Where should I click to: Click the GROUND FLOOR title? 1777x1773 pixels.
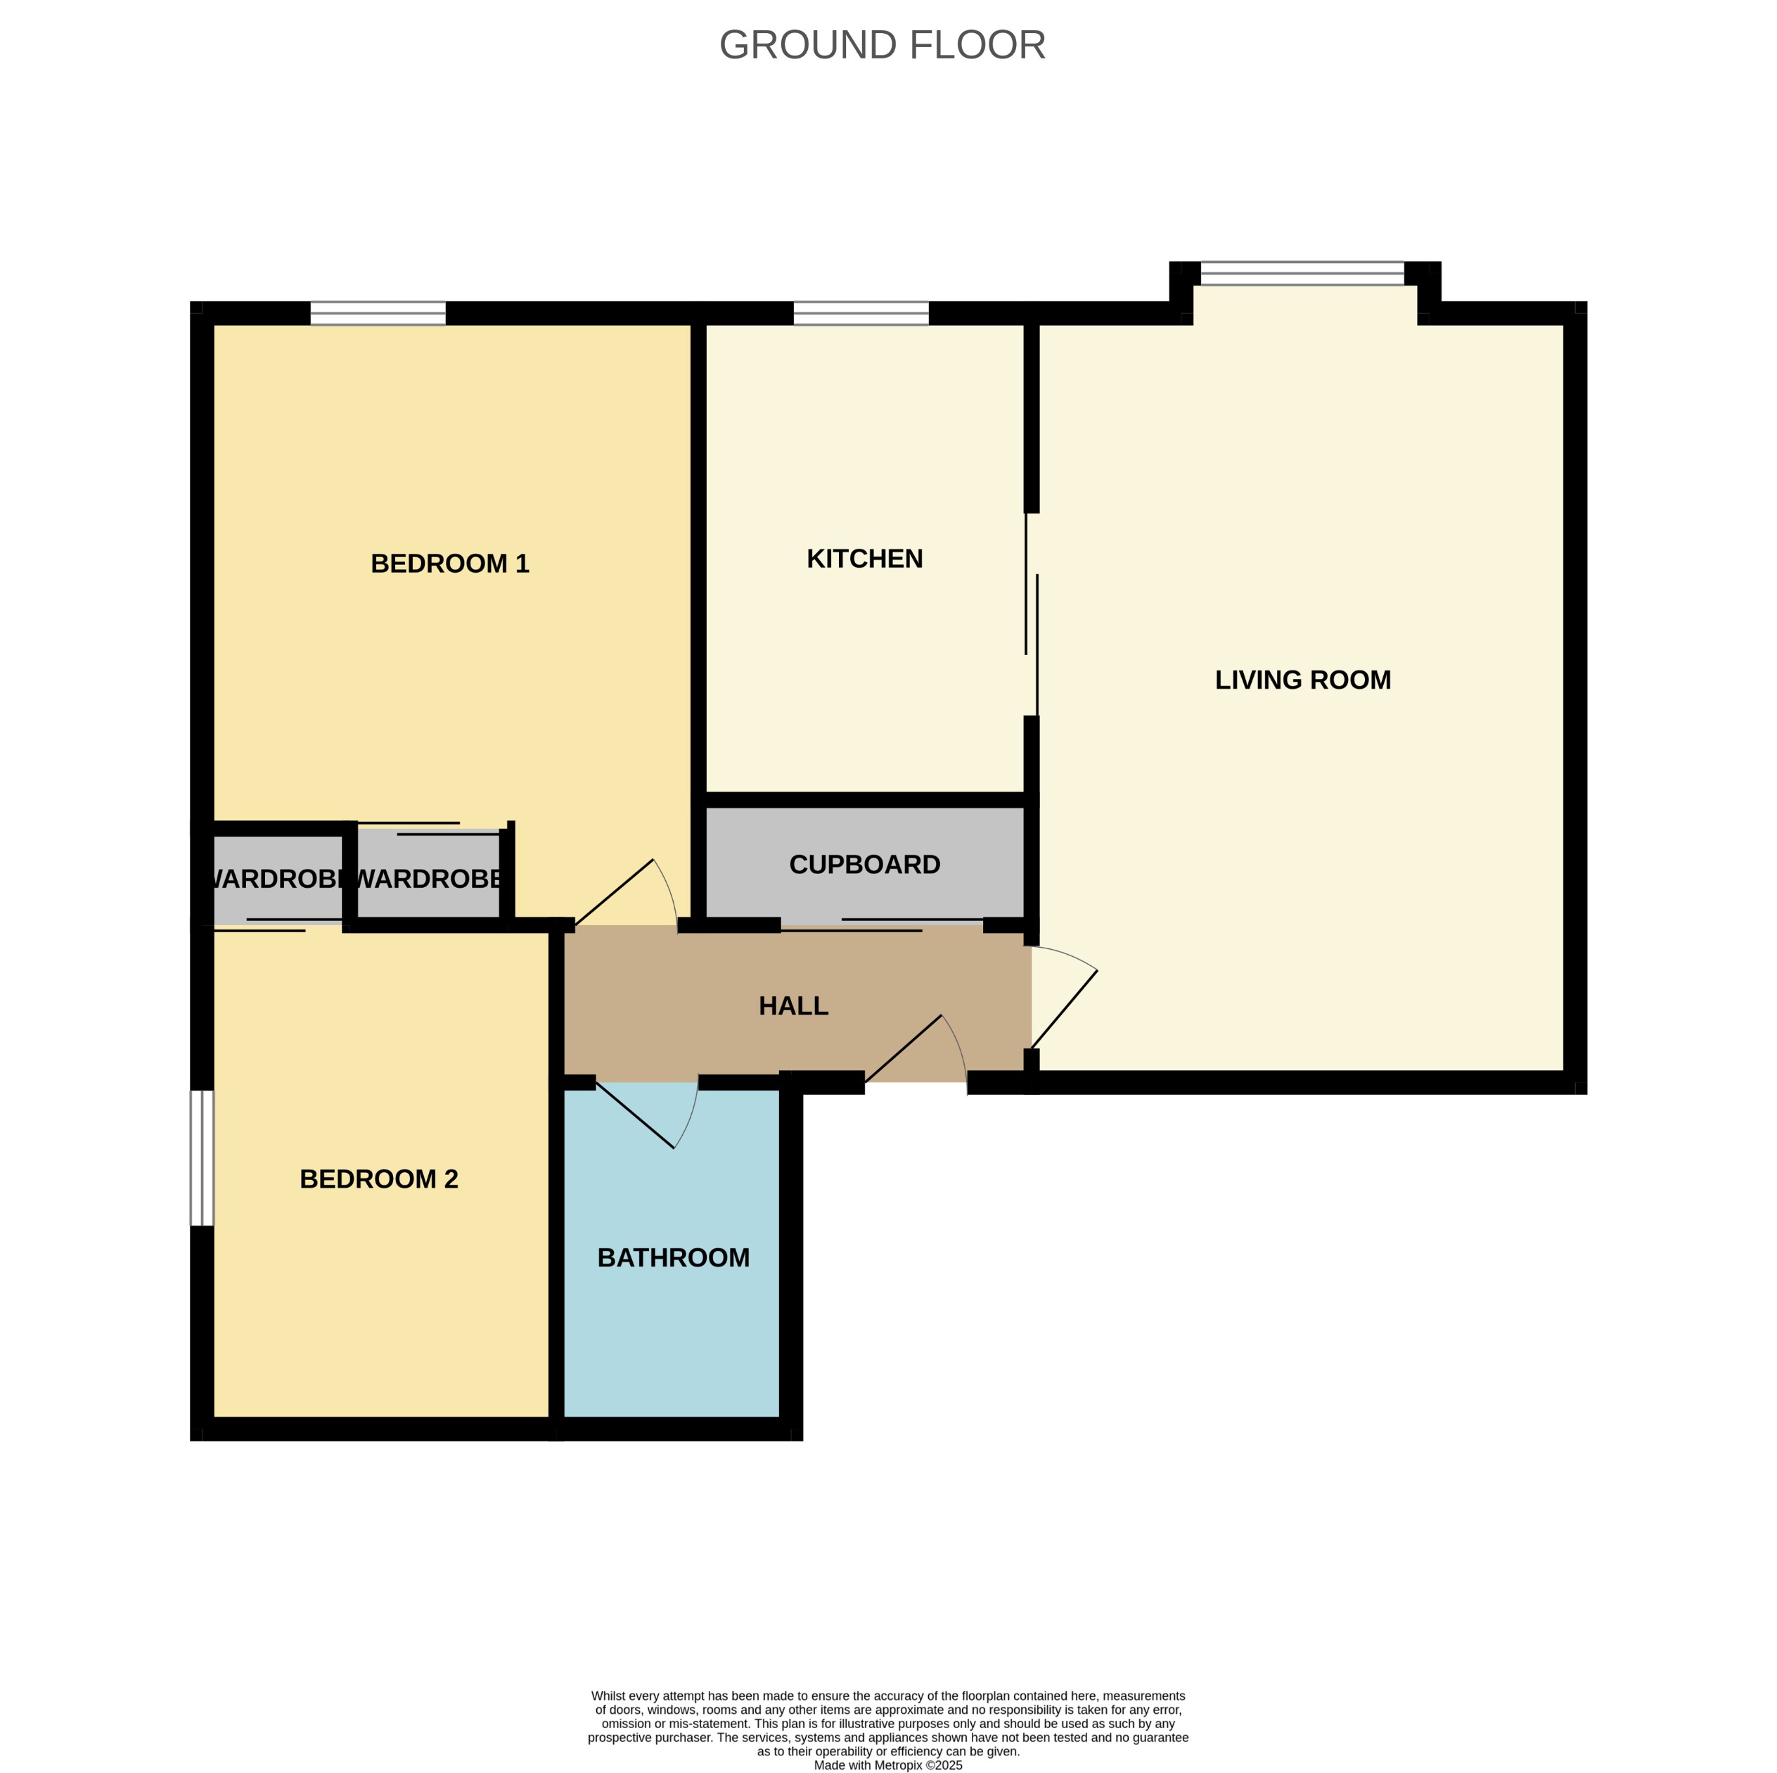[x=881, y=45]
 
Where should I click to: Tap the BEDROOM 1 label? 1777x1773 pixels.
[x=450, y=563]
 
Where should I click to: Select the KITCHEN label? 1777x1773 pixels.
[x=864, y=559]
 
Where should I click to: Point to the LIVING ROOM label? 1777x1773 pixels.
[x=1302, y=680]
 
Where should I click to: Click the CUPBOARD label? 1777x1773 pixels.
[x=864, y=864]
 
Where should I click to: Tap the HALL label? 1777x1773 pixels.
[x=793, y=1005]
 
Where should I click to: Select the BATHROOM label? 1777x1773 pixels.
[x=672, y=1258]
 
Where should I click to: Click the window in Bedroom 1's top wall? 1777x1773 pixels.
[x=378, y=313]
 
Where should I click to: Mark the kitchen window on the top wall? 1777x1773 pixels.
[x=861, y=313]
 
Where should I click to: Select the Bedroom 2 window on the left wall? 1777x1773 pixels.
[x=201, y=1157]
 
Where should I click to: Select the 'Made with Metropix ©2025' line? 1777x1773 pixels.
[x=887, y=1765]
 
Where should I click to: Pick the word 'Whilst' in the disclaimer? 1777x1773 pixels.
[x=608, y=1696]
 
